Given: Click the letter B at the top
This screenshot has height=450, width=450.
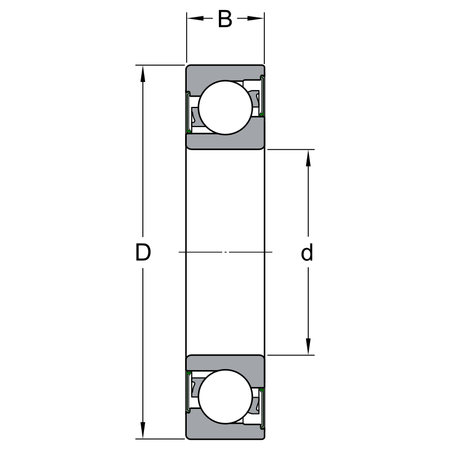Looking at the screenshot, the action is (x=224, y=19).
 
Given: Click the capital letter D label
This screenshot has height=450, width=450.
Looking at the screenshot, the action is (x=143, y=252).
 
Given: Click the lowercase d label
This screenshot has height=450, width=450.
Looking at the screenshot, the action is (x=307, y=252).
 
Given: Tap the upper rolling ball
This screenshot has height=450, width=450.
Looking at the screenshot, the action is (x=226, y=107).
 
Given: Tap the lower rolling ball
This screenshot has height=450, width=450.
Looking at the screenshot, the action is (x=226, y=397).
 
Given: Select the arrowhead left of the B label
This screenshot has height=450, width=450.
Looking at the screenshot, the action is (x=195, y=19).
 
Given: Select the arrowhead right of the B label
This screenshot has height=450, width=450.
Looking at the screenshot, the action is (x=255, y=19).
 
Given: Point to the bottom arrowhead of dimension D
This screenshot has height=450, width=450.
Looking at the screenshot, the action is (x=143, y=430).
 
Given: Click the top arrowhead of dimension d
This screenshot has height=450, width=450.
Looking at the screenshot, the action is (x=308, y=158).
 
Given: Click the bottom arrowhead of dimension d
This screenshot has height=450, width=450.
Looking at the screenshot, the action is (x=308, y=346).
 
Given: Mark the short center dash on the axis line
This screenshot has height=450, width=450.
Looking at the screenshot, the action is (x=226, y=252).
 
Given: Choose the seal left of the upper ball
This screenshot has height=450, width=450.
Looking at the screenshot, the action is (x=188, y=112).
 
